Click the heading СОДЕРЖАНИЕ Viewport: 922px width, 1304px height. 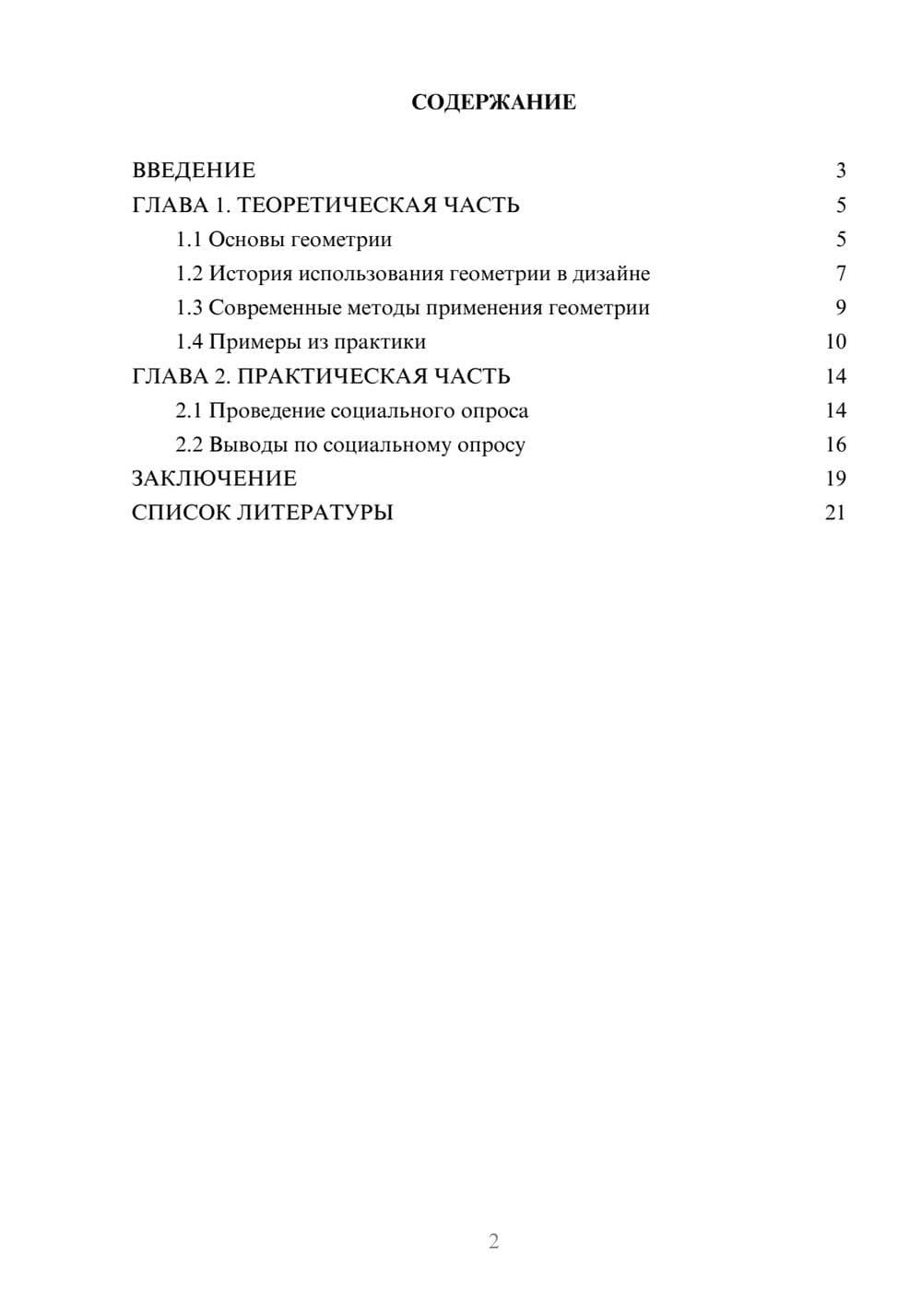tap(493, 102)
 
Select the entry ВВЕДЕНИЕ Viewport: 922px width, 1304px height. tap(194, 171)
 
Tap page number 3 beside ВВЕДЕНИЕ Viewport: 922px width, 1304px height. tap(841, 171)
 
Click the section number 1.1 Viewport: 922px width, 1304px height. tap(189, 240)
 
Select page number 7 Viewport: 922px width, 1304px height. tap(841, 274)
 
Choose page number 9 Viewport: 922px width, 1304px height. tap(841, 308)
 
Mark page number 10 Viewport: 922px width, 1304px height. tap(835, 342)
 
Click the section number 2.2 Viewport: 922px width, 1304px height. tap(189, 445)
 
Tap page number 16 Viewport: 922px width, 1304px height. tap(835, 445)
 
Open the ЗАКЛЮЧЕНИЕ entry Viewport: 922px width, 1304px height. tap(214, 479)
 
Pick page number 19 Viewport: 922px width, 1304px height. tap(835, 479)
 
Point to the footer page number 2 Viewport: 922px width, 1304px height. tap(493, 1241)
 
